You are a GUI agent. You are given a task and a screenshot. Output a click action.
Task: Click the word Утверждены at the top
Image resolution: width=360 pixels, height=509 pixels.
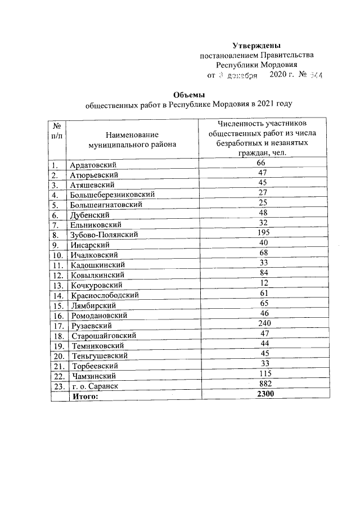point(256,46)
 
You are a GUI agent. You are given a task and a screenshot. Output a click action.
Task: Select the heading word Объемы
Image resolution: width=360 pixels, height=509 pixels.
point(188,94)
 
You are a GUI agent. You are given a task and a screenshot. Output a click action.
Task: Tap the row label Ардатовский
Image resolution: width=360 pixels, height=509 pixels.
point(93,165)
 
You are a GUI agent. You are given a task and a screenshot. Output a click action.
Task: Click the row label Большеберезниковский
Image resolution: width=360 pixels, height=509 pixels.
point(112,195)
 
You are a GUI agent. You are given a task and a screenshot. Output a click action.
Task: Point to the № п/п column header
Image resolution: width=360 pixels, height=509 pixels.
point(57,131)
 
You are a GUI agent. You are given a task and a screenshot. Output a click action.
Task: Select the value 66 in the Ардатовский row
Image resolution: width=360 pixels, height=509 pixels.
point(260,163)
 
